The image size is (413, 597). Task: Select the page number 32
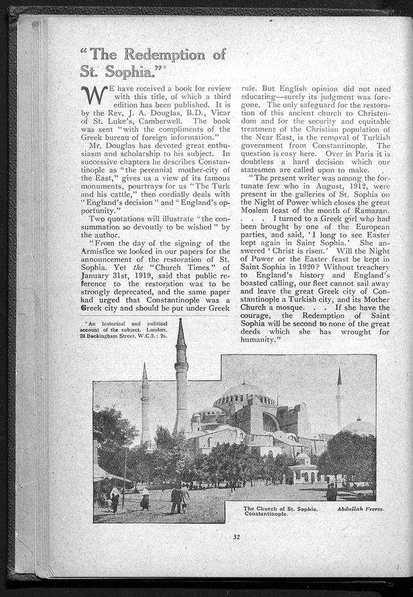(x=236, y=537)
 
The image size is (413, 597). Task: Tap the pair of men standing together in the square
(x=180, y=499)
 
